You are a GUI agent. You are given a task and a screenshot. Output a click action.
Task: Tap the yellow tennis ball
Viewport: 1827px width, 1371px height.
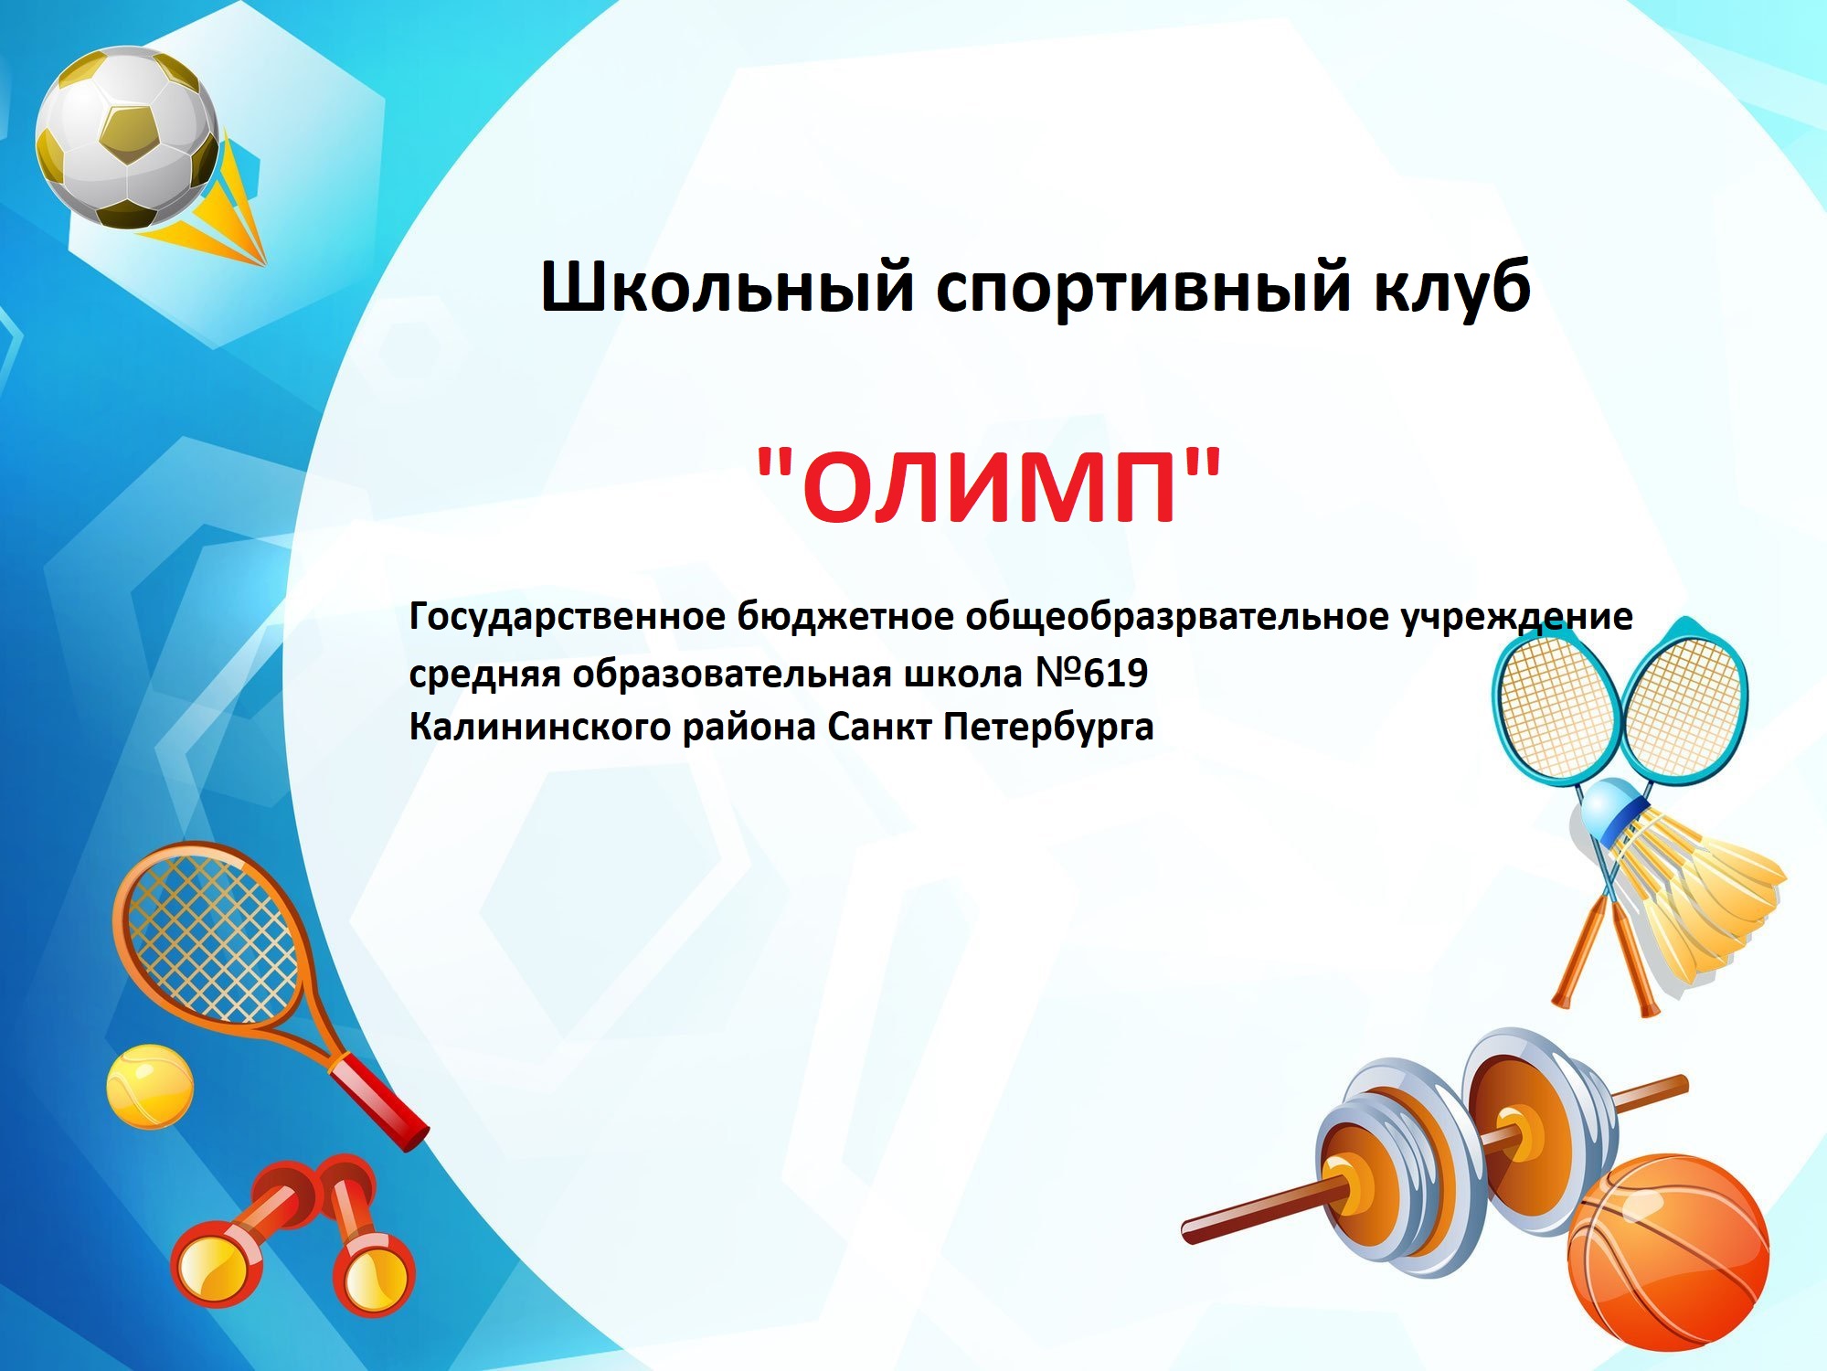(150, 1086)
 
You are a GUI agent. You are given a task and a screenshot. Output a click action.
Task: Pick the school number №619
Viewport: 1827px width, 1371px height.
(1091, 674)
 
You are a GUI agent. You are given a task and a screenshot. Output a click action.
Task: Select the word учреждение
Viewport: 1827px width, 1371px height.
(1516, 617)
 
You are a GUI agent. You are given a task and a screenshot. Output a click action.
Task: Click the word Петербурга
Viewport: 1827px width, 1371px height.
(1048, 728)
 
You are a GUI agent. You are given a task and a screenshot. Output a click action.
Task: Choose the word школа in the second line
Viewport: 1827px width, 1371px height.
(963, 674)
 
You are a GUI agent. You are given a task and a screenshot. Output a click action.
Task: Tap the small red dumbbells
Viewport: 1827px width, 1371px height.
(292, 1234)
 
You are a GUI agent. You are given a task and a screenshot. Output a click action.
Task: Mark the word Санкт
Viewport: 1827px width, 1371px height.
(879, 728)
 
